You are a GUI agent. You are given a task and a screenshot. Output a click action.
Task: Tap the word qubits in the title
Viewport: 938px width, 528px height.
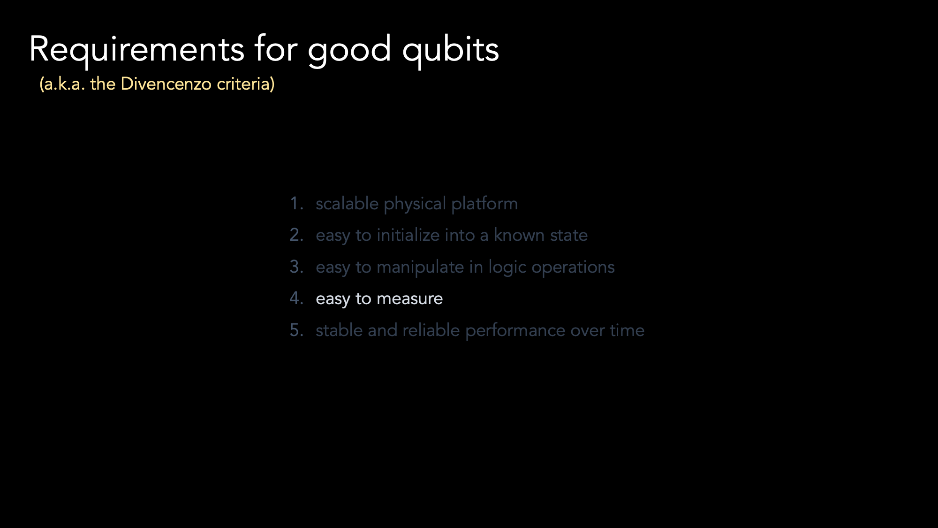451,50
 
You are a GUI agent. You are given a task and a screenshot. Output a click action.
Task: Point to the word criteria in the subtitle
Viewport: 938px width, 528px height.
246,84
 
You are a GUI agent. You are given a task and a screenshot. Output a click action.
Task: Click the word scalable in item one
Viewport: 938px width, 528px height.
347,204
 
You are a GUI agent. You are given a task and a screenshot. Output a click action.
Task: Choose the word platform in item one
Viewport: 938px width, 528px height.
484,204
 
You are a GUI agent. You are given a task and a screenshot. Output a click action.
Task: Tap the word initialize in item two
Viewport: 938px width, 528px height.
408,235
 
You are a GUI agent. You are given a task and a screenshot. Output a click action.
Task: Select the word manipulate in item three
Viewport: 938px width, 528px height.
420,268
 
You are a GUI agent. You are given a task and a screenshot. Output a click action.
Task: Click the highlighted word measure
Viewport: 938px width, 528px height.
409,299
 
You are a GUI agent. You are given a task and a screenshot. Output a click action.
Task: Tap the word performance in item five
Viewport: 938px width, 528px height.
515,331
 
